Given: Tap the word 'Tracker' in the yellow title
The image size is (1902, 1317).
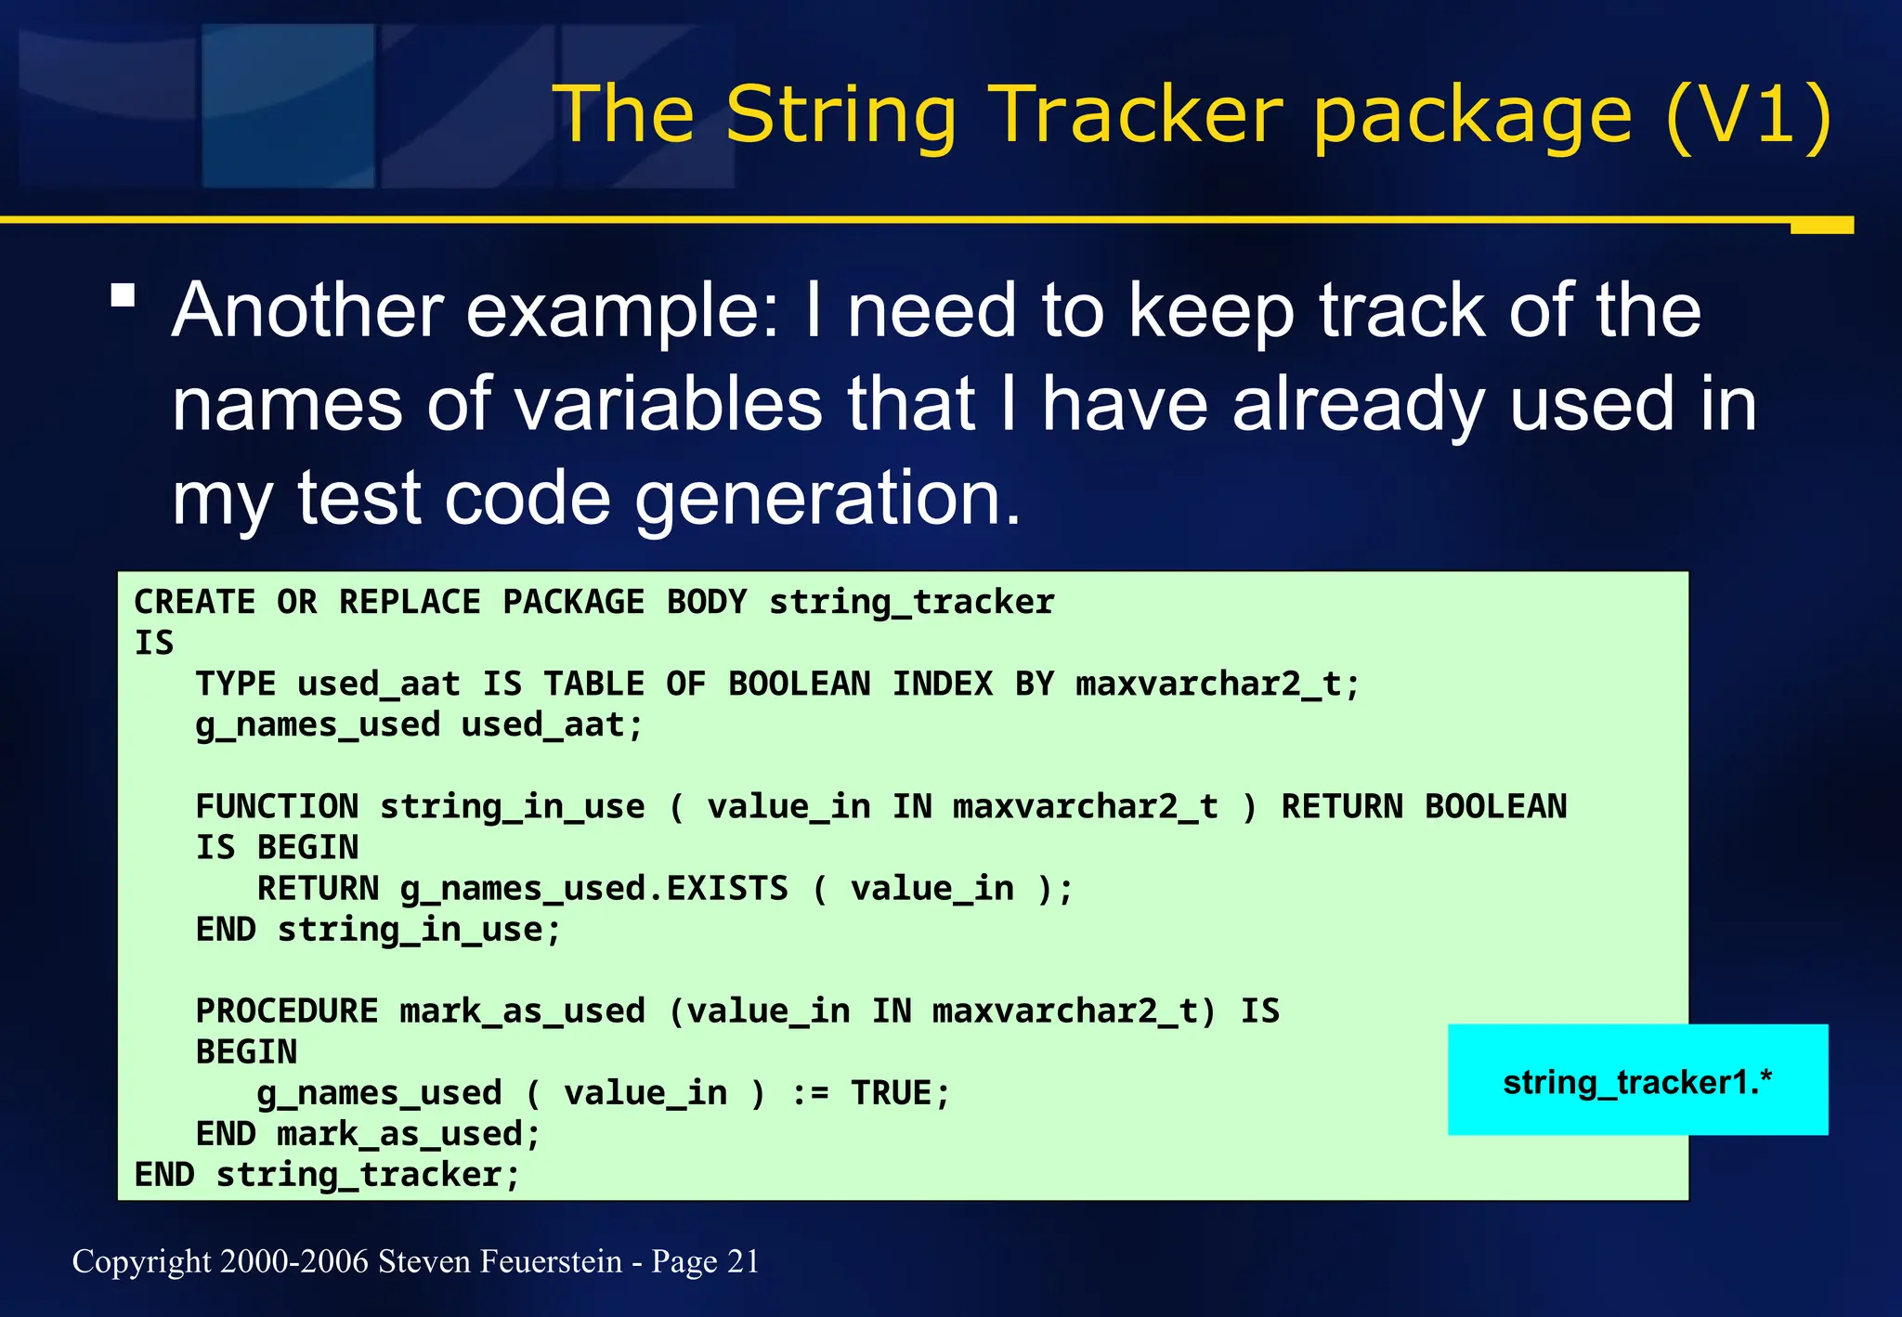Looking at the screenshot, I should tap(1135, 115).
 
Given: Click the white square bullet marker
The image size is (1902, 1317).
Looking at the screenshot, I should tap(123, 296).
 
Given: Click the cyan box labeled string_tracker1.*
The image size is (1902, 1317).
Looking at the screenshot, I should tap(1636, 1081).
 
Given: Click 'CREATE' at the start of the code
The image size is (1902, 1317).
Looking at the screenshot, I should tap(194, 602).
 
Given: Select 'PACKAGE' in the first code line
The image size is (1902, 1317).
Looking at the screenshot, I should tap(573, 602).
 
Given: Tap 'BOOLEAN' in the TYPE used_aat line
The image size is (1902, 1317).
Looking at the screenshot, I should tap(799, 685).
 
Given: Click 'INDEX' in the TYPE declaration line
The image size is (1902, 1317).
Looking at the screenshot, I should tap(942, 685).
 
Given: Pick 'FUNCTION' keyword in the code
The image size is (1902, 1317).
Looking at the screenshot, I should tap(277, 806).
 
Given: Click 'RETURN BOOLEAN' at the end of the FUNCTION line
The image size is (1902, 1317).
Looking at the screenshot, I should tap(1424, 806).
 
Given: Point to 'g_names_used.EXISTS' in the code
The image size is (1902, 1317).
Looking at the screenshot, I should tap(593, 889).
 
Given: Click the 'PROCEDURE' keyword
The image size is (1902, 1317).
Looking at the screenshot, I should tap(286, 1011).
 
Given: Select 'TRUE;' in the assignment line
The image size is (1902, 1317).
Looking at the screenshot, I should tap(901, 1093).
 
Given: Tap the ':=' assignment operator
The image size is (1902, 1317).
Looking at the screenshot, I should tap(809, 1093).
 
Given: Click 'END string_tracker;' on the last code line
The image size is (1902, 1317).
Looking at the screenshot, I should tap(327, 1175).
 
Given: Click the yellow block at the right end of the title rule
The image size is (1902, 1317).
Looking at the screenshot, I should tap(1821, 226).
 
